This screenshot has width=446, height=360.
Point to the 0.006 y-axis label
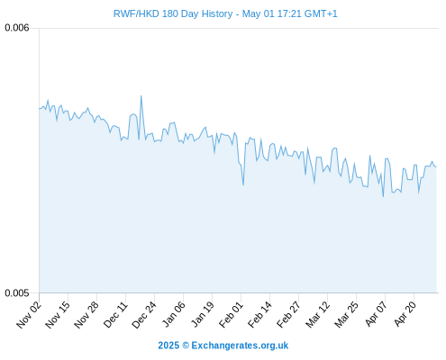coord(17,28)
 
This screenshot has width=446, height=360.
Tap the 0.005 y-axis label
coord(17,292)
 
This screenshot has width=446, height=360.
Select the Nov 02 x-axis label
coord(29,314)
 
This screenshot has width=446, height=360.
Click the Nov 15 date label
coord(58,314)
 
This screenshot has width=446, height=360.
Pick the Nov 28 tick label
coord(86,314)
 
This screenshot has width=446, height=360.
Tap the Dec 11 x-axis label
coord(115,314)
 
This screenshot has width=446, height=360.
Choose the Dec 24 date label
coord(144,314)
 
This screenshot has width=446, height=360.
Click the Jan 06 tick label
coord(173,314)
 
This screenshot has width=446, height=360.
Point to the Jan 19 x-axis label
coord(202,314)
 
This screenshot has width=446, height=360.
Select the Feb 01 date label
coord(231,314)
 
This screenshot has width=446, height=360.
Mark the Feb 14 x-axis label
coord(259,314)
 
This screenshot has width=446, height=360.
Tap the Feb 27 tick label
coord(288,314)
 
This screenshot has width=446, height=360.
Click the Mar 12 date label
coord(317,314)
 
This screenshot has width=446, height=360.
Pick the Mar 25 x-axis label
coord(346,314)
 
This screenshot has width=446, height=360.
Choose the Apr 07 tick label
coord(376,314)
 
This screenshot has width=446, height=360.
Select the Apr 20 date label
coord(405,314)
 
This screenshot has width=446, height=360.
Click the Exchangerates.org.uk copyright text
coord(223,346)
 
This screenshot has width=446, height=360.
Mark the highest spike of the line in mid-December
coord(141,96)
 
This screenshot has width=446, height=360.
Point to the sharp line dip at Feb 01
coord(243,184)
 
